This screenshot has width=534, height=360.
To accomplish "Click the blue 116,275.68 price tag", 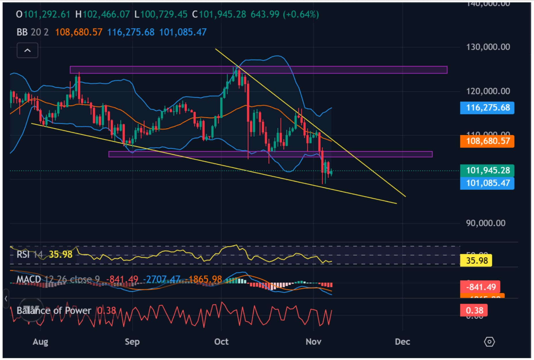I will coord(487,108).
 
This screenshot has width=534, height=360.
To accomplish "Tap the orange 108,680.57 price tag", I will coord(487,141).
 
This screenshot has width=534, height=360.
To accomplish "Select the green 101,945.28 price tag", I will coord(487,171).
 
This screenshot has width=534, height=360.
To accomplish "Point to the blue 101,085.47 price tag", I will coord(487,183).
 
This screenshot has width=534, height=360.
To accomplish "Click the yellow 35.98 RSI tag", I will coord(476,261).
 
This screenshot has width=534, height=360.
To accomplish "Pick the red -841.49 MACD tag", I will coord(480,287).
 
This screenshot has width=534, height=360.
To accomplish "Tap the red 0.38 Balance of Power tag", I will coord(474,311).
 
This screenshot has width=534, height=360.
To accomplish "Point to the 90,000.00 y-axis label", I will coord(485,223).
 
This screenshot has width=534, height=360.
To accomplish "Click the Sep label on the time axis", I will coord(132,342).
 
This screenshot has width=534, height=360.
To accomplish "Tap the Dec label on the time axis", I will coord(402,342).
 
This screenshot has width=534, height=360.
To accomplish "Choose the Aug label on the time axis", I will coord(40,342).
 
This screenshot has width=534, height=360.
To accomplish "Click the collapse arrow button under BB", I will coord(27,51).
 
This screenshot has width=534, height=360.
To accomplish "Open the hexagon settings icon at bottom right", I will coord(489,342).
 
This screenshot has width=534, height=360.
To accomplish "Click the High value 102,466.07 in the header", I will coord(106,14).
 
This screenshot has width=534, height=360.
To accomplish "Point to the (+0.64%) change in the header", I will coord(301,14).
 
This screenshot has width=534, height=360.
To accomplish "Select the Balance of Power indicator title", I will coord(54,311).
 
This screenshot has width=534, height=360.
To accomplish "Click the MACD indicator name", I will coord(28,279).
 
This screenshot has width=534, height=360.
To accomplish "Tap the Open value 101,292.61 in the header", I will coord(47,14).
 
